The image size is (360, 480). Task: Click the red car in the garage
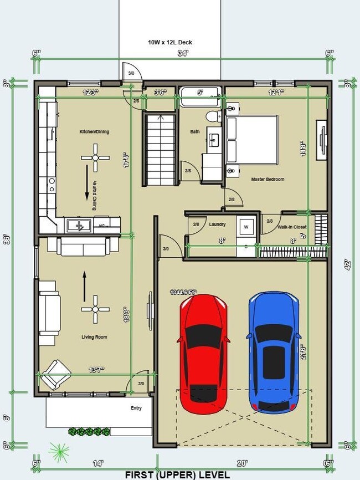[x=203, y=354]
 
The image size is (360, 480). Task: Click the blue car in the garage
[x=274, y=353]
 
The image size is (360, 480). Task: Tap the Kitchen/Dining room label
[x=94, y=132]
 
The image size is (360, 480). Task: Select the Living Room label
[x=94, y=337]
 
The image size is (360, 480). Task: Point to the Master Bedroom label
[x=268, y=180]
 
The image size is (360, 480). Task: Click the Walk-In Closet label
[x=291, y=227]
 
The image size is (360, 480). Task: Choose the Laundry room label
[x=217, y=224]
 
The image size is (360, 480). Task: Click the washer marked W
[x=246, y=227]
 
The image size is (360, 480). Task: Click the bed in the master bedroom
[x=252, y=140]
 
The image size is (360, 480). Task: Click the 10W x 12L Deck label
[x=169, y=42]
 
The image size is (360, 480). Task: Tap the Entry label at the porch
[x=136, y=408]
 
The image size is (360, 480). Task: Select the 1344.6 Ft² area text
[x=183, y=292]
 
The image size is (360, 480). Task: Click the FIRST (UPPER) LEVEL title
[x=177, y=475]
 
